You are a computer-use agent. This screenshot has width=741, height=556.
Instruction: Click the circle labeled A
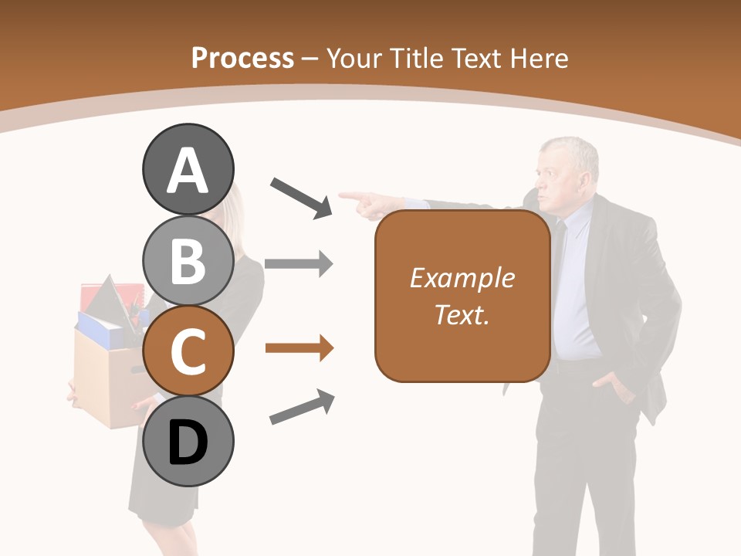(188, 169)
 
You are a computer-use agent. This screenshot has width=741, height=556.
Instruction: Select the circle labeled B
(188, 260)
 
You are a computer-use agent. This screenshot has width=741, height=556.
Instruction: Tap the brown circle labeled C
(188, 351)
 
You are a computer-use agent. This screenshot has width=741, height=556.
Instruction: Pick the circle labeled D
(188, 442)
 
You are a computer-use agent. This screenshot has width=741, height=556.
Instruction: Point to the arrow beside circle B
(299, 264)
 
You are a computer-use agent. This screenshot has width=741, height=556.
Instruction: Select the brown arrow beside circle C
(299, 349)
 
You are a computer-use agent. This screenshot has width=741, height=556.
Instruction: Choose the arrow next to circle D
(302, 407)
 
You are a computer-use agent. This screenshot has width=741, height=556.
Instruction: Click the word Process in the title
(242, 58)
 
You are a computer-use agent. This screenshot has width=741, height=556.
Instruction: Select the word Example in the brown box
(462, 278)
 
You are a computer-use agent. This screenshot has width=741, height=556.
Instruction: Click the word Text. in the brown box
(462, 314)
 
